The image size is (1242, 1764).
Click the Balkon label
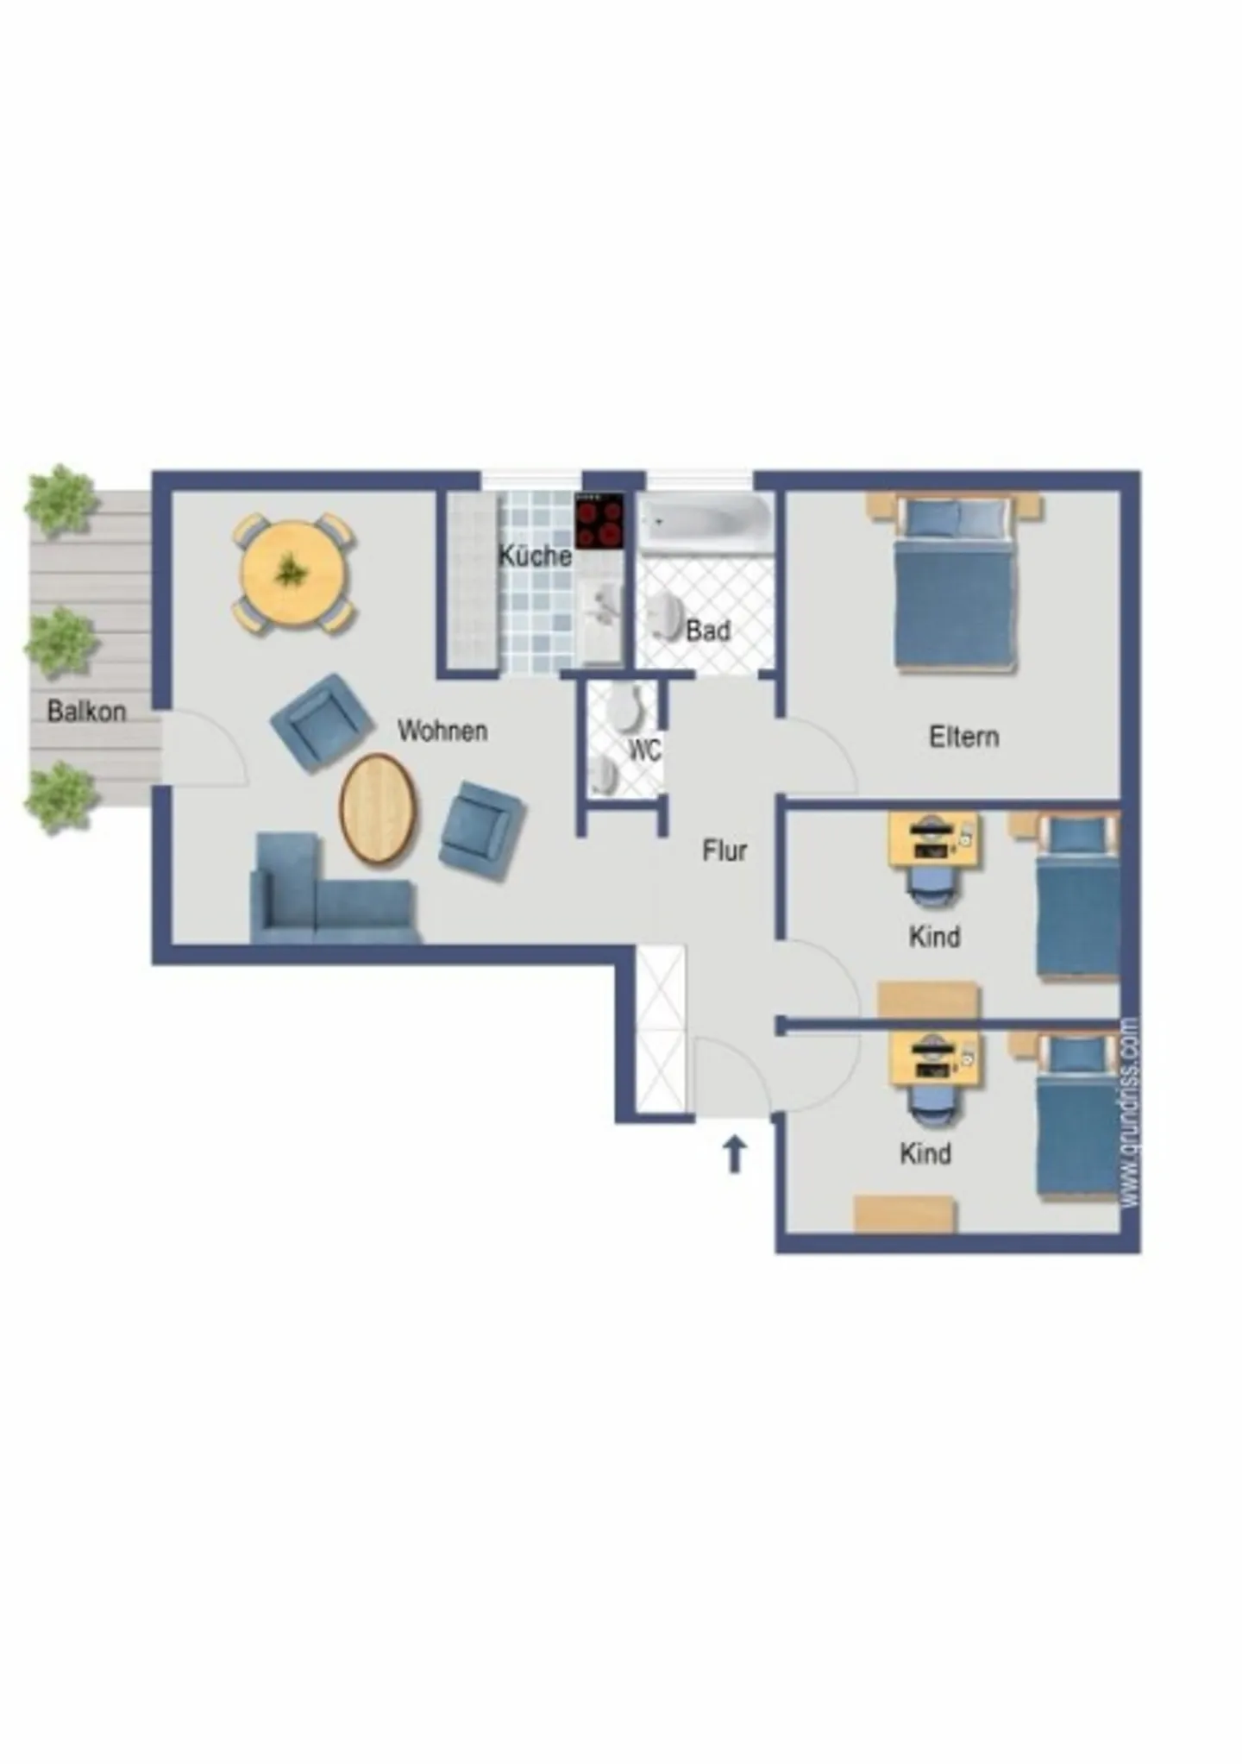coord(86,712)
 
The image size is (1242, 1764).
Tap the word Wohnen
coord(442,731)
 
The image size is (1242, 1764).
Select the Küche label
coord(535,556)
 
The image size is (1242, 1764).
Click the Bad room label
coord(708,631)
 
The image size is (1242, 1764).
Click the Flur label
coord(724,851)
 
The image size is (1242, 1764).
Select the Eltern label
coord(964,738)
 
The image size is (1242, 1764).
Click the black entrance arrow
coord(734,1154)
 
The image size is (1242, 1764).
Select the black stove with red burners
coord(599,521)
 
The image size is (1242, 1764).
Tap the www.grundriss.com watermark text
coord(1129,1113)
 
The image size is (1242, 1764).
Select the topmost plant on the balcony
coord(60,500)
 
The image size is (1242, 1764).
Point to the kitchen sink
coord(602,604)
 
